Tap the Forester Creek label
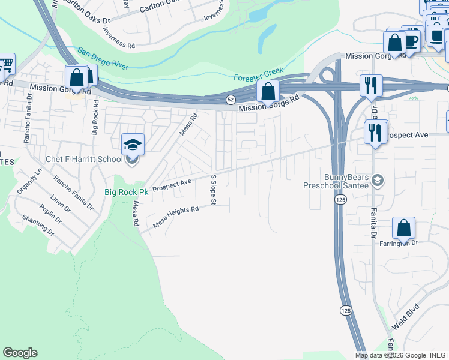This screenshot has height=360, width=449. click(x=258, y=74)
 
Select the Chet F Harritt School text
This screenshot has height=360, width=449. click(x=84, y=159)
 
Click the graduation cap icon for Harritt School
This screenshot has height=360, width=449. click(x=133, y=145)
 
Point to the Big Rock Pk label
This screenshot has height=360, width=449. click(x=126, y=192)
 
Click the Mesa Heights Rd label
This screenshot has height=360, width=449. click(x=176, y=217)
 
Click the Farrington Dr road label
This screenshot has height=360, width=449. click(x=398, y=243)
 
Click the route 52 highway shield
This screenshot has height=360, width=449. click(x=230, y=98)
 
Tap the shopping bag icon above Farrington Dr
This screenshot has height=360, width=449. click(x=404, y=228)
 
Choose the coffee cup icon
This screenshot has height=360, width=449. click(x=412, y=41)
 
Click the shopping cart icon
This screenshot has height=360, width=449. click(x=5, y=63)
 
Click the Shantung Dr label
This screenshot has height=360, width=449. click(x=38, y=226)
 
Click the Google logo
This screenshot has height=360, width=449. click(x=20, y=353)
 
